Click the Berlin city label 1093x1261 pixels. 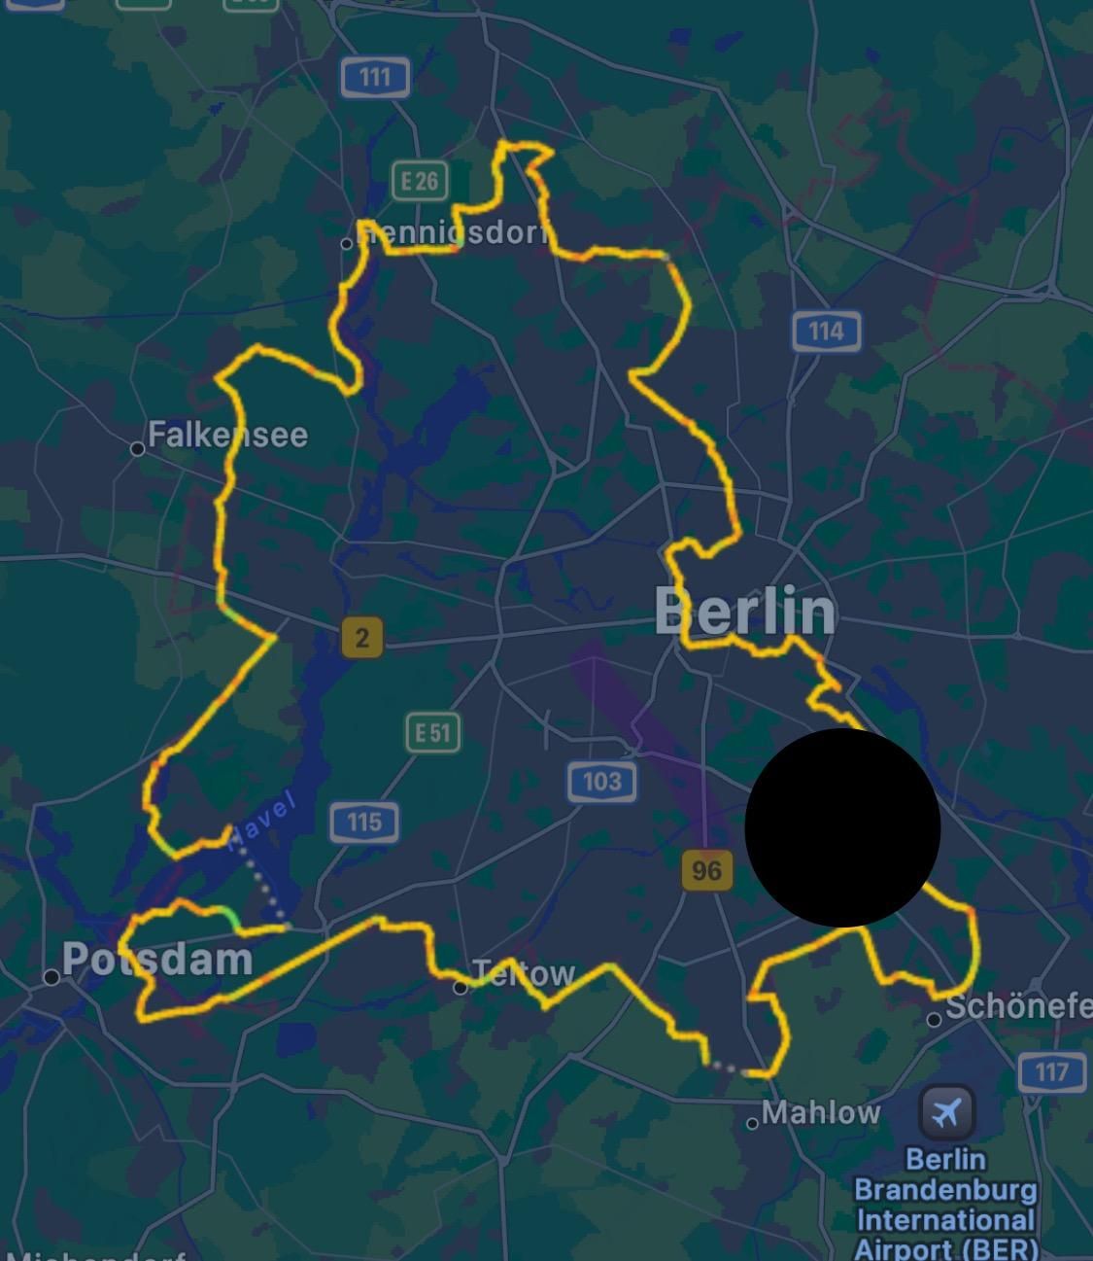744,612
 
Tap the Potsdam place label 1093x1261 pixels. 157,960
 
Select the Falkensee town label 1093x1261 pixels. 227,435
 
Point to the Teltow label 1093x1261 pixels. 525,973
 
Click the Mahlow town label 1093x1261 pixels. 821,1112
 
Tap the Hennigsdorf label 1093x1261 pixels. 453,233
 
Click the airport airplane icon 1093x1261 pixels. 946,1110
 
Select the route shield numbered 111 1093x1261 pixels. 375,76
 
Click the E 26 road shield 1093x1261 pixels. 420,180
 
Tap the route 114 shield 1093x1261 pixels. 826,332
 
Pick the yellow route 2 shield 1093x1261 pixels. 362,638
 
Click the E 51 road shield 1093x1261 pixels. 433,732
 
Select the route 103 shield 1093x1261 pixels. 601,781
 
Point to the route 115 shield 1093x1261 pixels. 363,823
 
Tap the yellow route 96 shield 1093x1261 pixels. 706,870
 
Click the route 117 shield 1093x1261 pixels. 1051,1072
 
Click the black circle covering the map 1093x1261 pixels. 842,827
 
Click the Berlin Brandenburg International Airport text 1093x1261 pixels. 945,1204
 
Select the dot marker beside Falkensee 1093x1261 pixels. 138,448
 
